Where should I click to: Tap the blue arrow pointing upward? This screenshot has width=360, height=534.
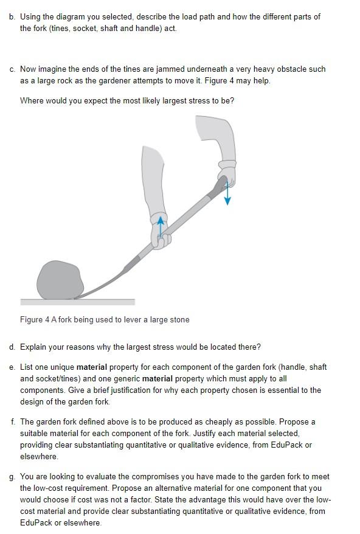(x=161, y=224)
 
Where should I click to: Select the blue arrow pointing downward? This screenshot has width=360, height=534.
(x=227, y=193)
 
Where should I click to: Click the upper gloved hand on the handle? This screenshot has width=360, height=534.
(x=227, y=173)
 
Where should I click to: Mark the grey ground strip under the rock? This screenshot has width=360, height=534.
(x=77, y=302)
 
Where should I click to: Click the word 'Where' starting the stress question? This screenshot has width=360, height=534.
(x=31, y=100)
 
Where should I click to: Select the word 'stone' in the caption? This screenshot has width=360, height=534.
(x=178, y=319)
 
